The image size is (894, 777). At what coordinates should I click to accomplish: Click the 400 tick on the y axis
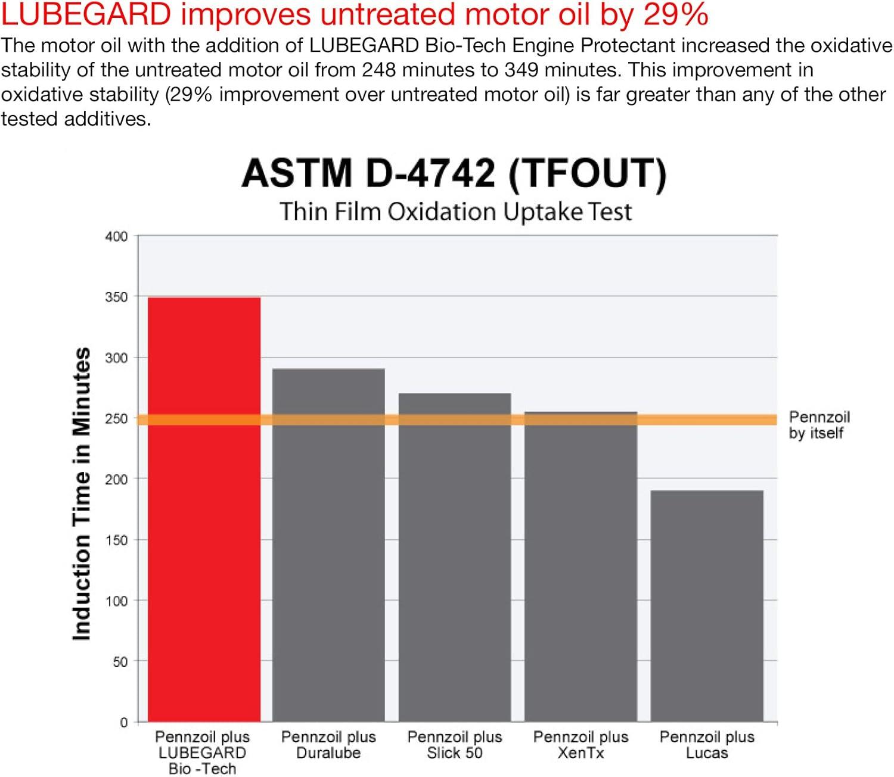116,237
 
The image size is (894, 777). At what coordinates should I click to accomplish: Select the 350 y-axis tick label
116,297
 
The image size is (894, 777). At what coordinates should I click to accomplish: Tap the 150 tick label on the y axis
116,540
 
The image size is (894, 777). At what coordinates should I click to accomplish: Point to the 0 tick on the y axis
123,722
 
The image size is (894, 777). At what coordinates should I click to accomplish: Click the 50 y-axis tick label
120,661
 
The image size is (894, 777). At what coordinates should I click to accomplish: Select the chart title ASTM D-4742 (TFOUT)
454,173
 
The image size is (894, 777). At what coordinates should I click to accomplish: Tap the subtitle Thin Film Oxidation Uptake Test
455,212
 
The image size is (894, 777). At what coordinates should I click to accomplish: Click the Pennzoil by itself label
819,425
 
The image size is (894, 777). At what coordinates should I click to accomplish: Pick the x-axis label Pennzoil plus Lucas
707,745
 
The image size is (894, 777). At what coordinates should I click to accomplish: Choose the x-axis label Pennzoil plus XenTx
581,745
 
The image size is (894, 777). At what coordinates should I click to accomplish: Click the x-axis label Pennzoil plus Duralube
328,745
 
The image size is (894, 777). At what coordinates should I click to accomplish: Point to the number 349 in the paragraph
522,70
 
